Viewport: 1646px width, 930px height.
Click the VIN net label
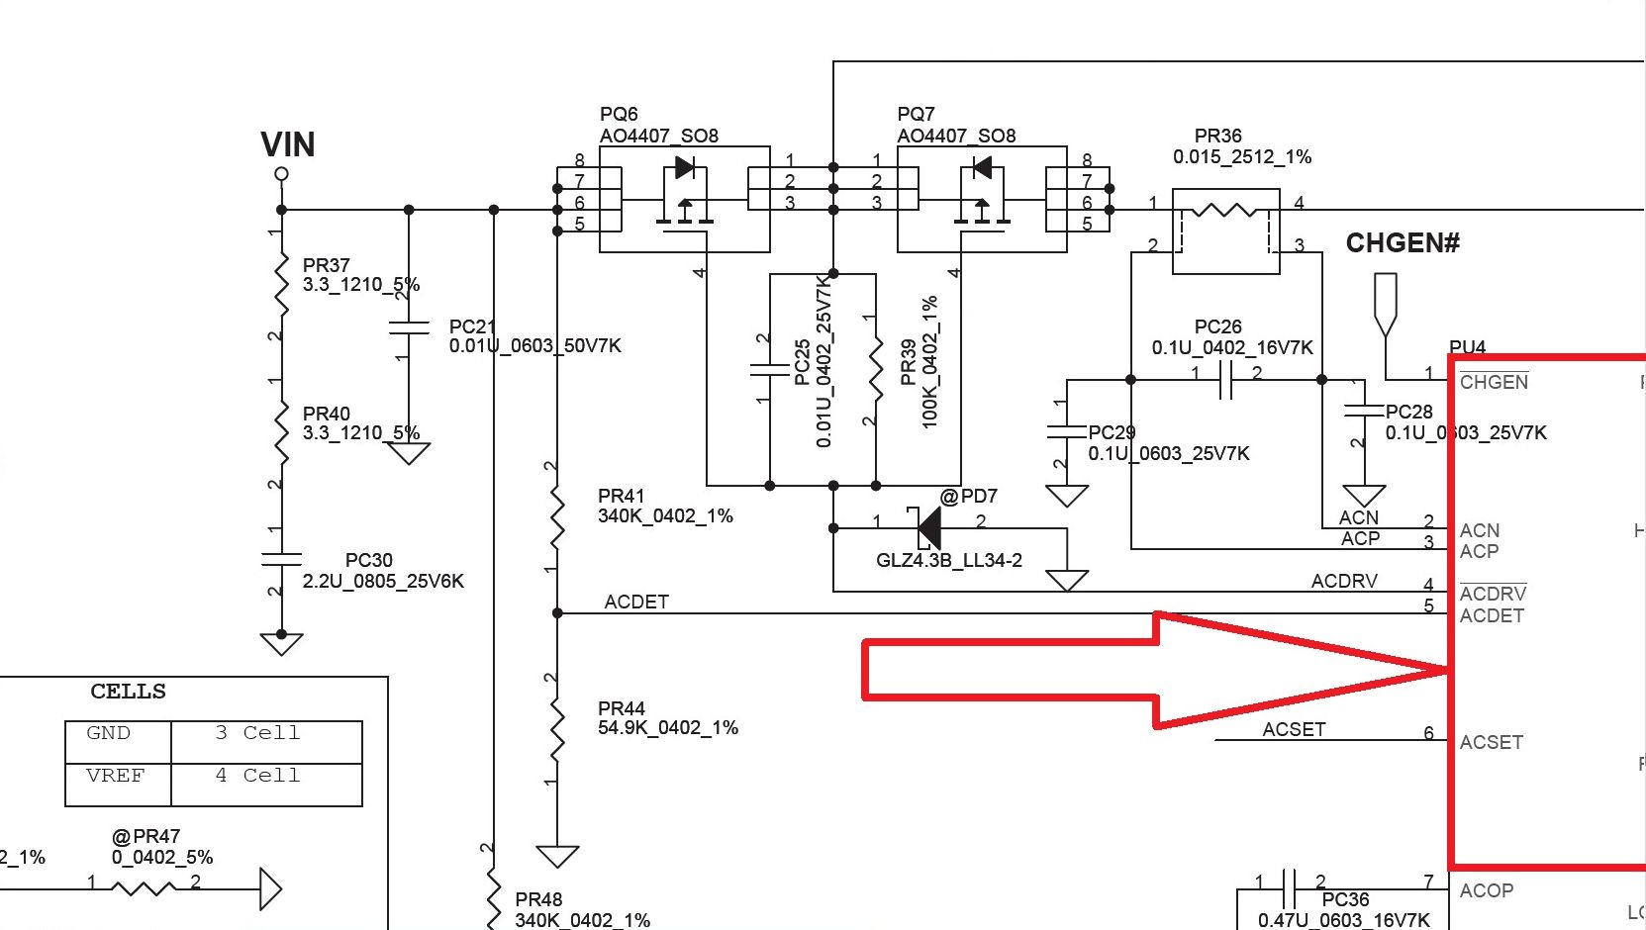(288, 144)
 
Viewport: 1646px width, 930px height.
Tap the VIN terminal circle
(282, 174)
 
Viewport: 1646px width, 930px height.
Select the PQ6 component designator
(619, 115)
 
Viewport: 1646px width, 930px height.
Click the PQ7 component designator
(916, 115)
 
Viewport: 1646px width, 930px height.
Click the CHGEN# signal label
(1402, 243)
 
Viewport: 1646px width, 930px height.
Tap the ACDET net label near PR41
(636, 602)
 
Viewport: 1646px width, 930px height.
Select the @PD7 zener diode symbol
(927, 527)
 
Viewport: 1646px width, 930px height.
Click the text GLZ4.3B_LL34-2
(948, 561)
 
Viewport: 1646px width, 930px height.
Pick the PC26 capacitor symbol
(1225, 379)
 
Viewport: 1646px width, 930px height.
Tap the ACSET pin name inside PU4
(1491, 742)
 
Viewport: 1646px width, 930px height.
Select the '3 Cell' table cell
(257, 733)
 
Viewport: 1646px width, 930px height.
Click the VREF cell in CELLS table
(115, 776)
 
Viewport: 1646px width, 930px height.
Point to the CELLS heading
(129, 692)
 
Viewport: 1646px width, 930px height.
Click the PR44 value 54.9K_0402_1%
(668, 728)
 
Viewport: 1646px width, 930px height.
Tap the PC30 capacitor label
(368, 560)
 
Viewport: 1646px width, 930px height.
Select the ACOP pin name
(1486, 890)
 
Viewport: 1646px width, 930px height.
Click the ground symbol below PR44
(557, 855)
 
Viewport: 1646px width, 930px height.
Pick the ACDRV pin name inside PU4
(1493, 594)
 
